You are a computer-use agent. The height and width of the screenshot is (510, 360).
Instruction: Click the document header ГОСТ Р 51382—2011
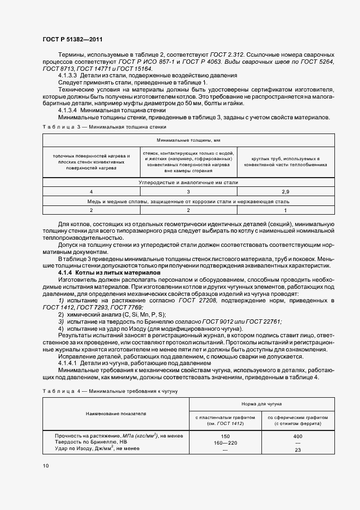(x=72, y=39)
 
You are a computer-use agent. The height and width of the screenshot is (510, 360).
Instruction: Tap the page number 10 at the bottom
(x=45, y=465)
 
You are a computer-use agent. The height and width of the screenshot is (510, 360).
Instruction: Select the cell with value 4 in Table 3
(x=91, y=192)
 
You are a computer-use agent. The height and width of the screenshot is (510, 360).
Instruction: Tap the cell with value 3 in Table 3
(x=188, y=192)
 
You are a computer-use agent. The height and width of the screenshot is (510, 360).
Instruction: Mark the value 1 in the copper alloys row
(x=285, y=210)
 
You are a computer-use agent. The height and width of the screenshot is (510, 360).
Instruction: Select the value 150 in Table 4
(x=225, y=436)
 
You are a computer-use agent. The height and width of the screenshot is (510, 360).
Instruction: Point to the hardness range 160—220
(x=225, y=442)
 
